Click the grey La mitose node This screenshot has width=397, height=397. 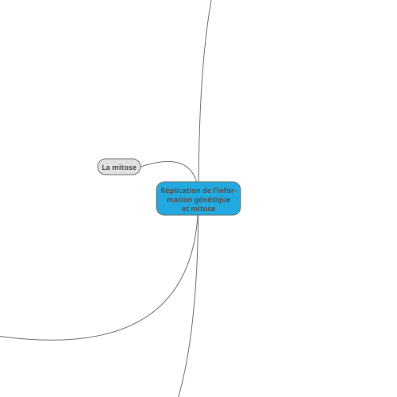tap(119, 167)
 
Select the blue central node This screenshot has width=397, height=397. tap(198, 198)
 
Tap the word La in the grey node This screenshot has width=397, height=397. tap(106, 168)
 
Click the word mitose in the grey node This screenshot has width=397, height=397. tap(124, 168)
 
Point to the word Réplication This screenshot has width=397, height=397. tap(180, 191)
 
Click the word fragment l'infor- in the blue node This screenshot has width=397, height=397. tap(225, 191)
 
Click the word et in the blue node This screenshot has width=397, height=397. tap(185, 209)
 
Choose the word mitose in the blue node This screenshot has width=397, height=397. tap(203, 209)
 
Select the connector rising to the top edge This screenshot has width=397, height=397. tap(200, 90)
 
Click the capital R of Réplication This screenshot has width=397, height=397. tap(163, 191)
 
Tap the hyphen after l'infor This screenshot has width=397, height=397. tap(235, 191)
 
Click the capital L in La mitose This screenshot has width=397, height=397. tap(104, 168)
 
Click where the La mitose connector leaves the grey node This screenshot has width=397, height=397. tap(141, 167)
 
